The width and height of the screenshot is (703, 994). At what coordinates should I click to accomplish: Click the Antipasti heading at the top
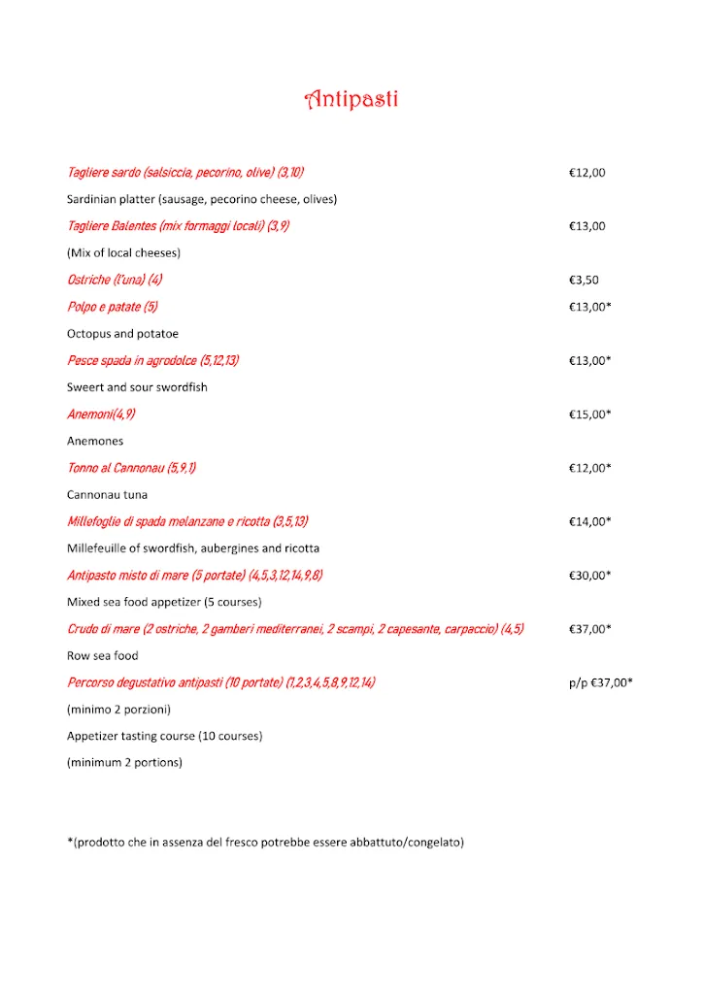(351, 99)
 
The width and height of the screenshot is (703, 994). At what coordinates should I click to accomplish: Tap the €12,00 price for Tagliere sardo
(586, 173)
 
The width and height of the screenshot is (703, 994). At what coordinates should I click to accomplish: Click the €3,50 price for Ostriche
(584, 280)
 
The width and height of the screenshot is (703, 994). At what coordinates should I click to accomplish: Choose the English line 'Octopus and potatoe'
(122, 334)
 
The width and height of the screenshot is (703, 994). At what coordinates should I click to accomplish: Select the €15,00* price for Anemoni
(589, 414)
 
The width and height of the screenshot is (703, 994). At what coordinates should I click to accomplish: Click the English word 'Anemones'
(95, 441)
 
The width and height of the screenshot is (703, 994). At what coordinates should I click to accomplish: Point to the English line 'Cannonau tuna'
(107, 495)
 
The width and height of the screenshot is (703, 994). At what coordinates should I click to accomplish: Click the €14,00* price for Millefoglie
(589, 521)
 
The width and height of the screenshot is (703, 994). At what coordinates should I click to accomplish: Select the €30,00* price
(589, 575)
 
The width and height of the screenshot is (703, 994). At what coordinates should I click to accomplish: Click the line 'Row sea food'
(103, 656)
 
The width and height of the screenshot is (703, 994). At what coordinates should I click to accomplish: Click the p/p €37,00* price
(600, 682)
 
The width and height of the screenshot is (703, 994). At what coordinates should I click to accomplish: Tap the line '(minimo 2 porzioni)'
(118, 709)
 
